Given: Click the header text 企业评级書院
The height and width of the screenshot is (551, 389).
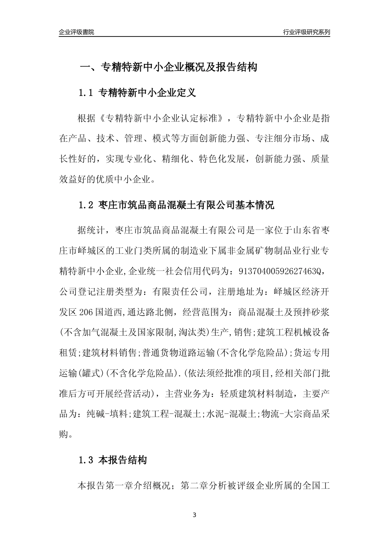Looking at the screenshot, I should [77, 32].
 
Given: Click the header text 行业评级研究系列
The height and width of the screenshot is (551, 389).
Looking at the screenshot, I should [306, 32].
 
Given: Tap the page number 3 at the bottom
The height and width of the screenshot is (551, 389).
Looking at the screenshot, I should [194, 515].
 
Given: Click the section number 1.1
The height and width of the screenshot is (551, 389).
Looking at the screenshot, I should [86, 93].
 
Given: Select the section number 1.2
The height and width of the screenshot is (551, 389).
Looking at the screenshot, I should [86, 205].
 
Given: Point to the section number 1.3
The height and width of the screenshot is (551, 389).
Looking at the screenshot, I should [86, 460].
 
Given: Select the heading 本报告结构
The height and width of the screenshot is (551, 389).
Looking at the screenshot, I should [122, 460].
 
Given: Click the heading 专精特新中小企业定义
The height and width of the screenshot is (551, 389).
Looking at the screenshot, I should [147, 93].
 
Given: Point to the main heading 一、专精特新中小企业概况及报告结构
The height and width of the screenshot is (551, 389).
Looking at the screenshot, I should [168, 67].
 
